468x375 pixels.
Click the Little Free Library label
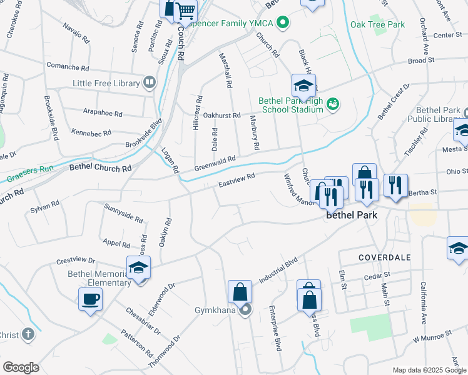107,82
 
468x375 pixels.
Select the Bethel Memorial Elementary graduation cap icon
138,267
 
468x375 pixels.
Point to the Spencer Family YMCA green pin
283,24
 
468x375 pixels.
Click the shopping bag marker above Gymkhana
240,291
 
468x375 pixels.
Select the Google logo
21,367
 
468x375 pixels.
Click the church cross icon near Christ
28,334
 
